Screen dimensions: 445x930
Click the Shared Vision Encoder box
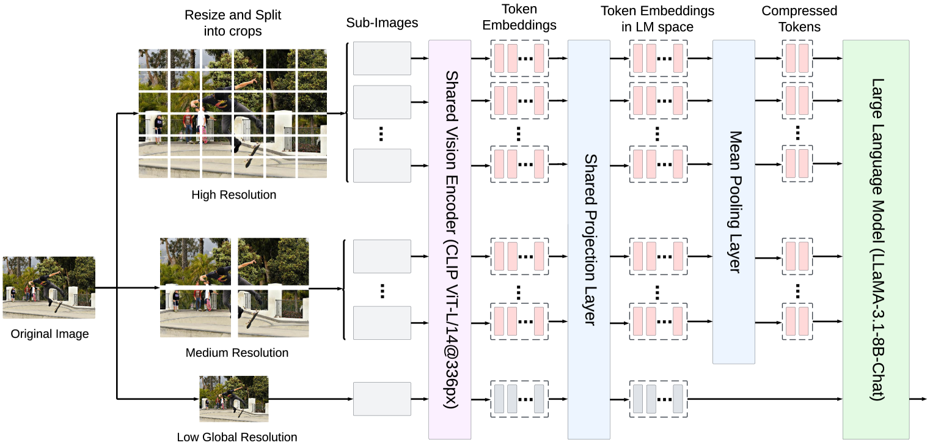[450, 239]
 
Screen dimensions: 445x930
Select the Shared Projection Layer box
[589, 239]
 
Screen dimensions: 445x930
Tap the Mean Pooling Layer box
[734, 202]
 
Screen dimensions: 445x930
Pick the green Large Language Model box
[876, 239]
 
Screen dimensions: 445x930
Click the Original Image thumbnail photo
[49, 287]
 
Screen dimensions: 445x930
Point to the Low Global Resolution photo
[234, 399]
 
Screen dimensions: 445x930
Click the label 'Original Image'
[49, 334]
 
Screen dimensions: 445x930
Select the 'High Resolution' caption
[233, 195]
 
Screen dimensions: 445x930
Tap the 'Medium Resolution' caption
[236, 353]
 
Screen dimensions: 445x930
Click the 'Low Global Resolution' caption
[237, 437]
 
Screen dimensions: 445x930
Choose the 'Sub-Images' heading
[382, 23]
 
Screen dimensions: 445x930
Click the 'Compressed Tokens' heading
[799, 19]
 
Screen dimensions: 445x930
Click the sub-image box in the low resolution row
[382, 399]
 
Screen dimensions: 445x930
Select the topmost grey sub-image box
[382, 58]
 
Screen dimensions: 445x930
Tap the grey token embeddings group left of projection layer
[519, 399]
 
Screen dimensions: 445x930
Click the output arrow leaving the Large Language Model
[918, 399]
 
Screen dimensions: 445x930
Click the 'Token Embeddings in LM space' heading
[657, 19]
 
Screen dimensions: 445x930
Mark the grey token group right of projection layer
[658, 399]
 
